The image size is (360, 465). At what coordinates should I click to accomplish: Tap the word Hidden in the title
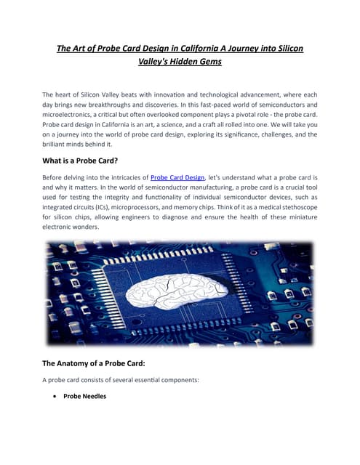coord(177,62)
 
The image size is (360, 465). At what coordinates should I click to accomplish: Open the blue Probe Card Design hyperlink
coord(177,177)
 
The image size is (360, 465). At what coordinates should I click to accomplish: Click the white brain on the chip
coord(180,291)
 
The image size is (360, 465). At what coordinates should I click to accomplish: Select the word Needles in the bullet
coord(95,397)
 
